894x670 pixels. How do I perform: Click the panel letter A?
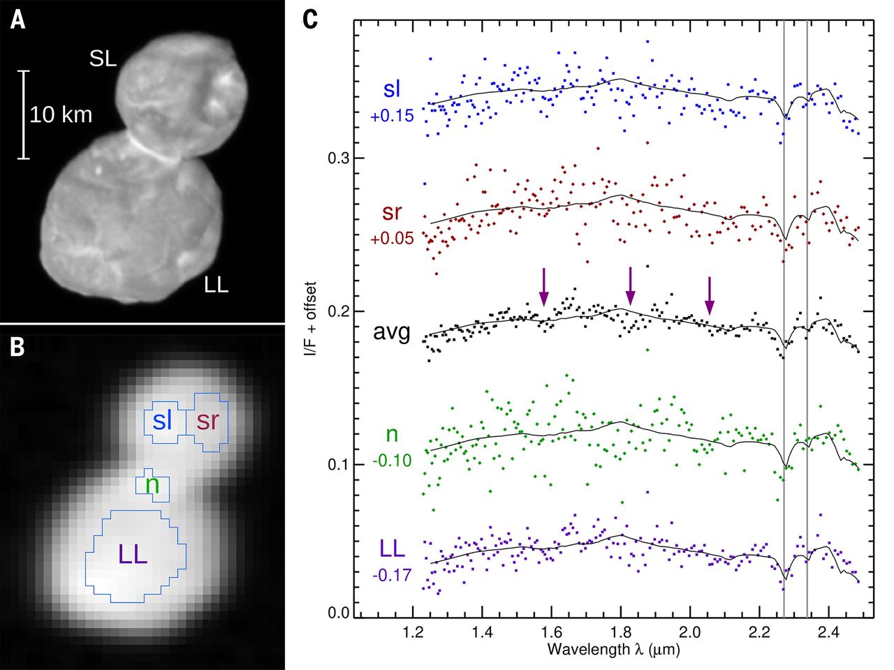coord(18,19)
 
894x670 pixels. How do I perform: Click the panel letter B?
coord(18,347)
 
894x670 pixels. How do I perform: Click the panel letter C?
coord(310,19)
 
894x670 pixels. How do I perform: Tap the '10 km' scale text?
coord(61,114)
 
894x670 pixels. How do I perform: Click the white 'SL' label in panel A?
coord(103,59)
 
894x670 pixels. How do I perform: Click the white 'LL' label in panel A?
coord(216,285)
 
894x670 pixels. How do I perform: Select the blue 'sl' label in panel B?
coord(163,421)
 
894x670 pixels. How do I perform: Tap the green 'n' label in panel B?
coord(152,484)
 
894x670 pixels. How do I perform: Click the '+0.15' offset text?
coord(392,116)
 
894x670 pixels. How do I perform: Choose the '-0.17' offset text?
coord(391,576)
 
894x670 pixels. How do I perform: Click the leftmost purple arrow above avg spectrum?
coord(544,287)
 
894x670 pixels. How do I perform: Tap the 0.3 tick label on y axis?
coord(339,158)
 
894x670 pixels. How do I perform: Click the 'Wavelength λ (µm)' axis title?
coord(614,650)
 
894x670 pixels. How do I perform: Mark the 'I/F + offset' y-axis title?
coord(311,320)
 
